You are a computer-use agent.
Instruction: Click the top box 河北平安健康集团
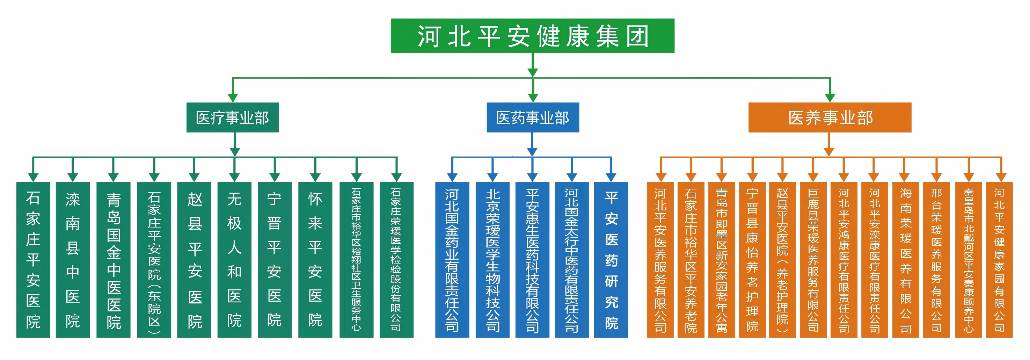[x=532, y=36]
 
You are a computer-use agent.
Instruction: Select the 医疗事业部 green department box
[x=232, y=117]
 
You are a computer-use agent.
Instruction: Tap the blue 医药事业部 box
[x=532, y=117]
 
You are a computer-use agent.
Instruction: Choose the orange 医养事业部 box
[x=830, y=117]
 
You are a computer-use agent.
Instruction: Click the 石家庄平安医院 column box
[x=33, y=260]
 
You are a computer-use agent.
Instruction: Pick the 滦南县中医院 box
[x=72, y=260]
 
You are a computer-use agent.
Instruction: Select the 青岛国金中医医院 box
[x=113, y=260]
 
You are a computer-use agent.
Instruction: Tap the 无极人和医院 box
[x=234, y=260]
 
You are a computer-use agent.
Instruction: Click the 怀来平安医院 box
[x=315, y=260]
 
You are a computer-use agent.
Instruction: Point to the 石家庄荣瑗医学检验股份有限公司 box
[x=396, y=260]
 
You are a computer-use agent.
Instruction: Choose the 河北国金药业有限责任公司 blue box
[x=452, y=260]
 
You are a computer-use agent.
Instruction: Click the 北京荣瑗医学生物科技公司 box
[x=492, y=260]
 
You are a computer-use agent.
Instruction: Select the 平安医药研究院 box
[x=611, y=260]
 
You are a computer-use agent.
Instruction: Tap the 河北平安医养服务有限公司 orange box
[x=660, y=260]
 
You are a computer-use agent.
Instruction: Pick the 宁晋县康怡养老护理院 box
[x=752, y=260]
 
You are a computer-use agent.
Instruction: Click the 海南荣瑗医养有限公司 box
[x=905, y=260]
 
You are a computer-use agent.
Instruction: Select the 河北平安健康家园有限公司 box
[x=999, y=260]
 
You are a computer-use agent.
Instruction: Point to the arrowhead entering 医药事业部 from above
[x=533, y=98]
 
